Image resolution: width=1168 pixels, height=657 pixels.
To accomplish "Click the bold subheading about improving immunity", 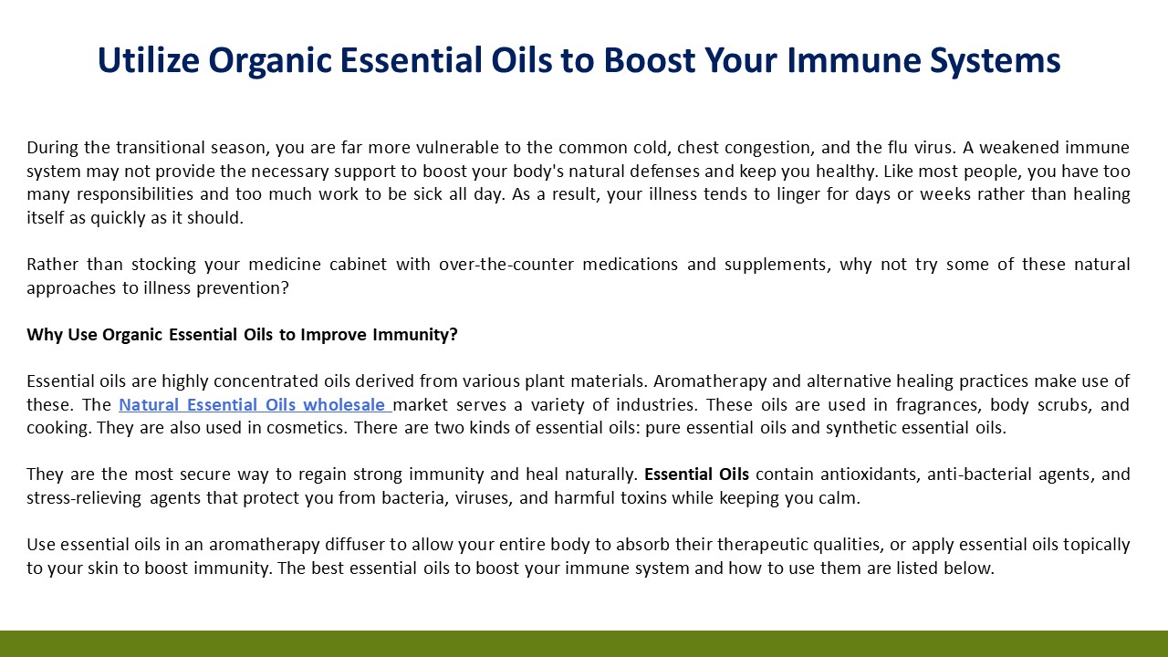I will click(x=242, y=335).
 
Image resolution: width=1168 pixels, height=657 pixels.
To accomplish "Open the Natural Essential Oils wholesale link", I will click(x=255, y=404).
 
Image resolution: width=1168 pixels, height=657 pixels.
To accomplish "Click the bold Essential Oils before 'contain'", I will click(x=696, y=474).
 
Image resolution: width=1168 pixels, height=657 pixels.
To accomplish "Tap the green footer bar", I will click(x=584, y=643).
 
